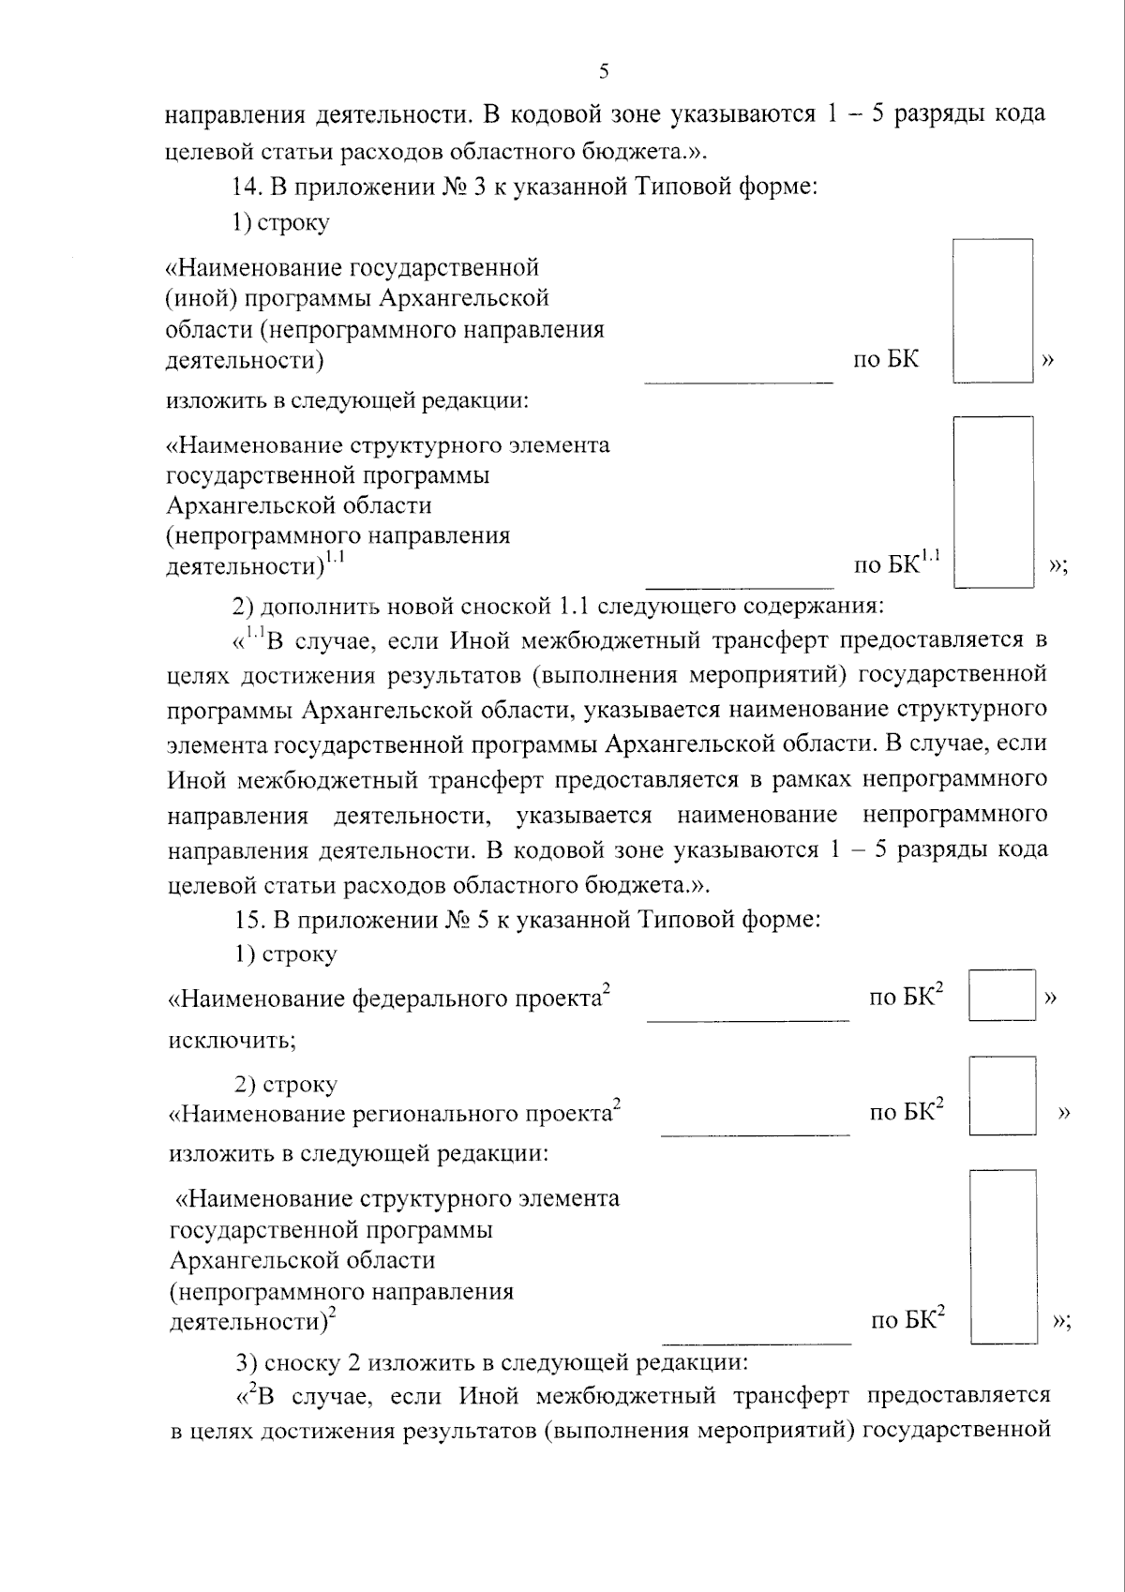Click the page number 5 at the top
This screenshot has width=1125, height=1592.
tap(603, 72)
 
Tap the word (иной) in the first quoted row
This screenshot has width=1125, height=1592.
tap(193, 299)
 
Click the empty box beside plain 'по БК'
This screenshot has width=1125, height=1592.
tap(993, 310)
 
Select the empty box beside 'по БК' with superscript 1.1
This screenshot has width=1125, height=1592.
tap(993, 502)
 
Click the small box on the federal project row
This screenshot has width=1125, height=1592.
tap(1001, 996)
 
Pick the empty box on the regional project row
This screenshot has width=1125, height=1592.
tap(1002, 1096)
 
